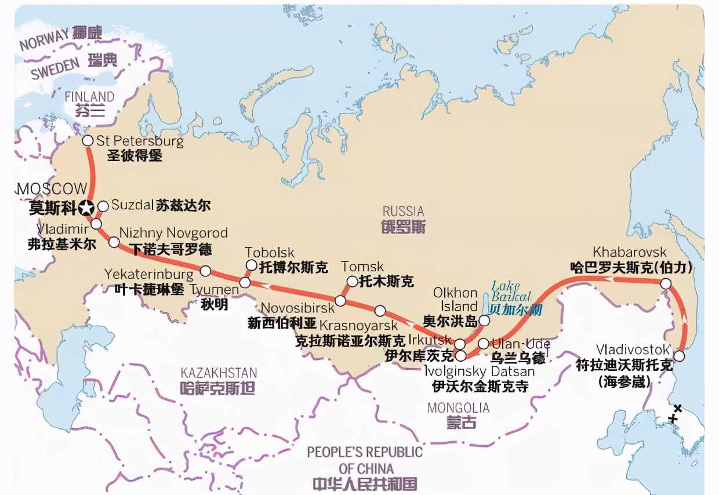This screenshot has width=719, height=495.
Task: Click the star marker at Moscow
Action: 87,208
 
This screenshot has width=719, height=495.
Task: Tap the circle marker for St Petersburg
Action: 88,140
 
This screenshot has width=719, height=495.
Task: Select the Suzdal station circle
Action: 103,206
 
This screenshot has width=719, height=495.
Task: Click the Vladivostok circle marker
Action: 680,356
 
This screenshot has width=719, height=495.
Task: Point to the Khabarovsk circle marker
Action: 666,283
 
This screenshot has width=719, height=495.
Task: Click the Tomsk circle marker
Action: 351,282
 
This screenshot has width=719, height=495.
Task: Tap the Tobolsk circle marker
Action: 251,265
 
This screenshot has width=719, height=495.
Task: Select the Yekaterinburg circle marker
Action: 205,271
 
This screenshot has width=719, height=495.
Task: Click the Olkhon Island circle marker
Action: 484,319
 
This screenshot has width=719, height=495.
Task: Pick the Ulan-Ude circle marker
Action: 483,344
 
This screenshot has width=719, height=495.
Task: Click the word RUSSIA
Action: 403,211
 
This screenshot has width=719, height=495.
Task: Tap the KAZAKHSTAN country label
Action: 219,373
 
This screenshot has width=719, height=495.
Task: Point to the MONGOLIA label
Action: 458,408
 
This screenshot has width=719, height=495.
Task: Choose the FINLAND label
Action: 90,96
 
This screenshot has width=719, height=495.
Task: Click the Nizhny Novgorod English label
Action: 173,233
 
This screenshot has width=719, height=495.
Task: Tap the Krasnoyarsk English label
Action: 359,325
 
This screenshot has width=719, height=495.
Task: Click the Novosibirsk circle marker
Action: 340,301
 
